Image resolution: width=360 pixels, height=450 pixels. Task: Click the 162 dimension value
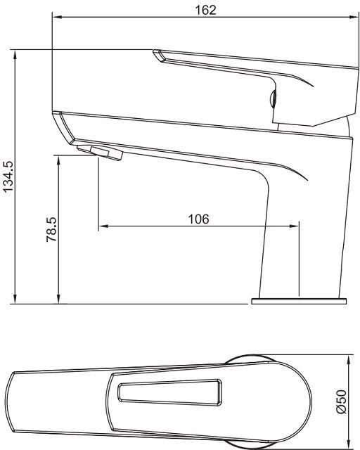pos(205,10)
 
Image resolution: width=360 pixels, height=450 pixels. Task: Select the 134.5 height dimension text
pos(8,176)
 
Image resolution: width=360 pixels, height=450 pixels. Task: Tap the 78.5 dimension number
pos(52,229)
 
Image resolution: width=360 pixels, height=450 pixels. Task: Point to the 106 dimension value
pos(198,219)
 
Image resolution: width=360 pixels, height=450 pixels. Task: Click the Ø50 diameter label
pos(342,401)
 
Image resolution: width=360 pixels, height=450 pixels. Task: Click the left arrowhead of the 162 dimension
pos(56,18)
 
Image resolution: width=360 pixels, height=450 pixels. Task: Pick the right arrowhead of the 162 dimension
pos(354,18)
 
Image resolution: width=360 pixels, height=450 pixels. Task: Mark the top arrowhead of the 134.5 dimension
pos(15,54)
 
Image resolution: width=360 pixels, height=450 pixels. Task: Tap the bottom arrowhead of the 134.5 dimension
pos(15,299)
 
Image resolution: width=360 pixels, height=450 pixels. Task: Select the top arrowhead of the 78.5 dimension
pos(58,160)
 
